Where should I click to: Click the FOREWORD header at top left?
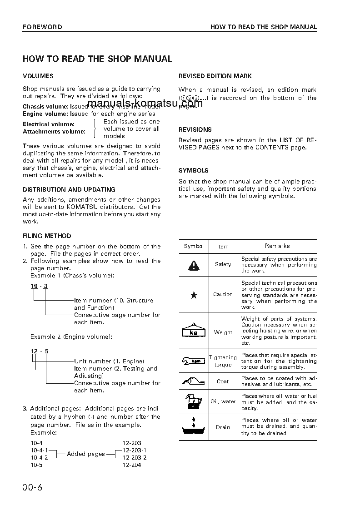pyautogui.click(x=42, y=27)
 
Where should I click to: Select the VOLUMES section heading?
pyautogui.click(x=38, y=76)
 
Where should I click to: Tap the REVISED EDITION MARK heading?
pyautogui.click(x=215, y=76)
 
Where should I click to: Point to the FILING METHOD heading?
pyautogui.click(x=47, y=236)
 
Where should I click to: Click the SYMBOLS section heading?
pyautogui.click(x=194, y=170)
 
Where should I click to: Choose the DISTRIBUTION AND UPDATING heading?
pyautogui.click(x=69, y=189)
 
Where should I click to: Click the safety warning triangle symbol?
pyautogui.click(x=194, y=265)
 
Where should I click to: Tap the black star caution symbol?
pyautogui.click(x=194, y=295)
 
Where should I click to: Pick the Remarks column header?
pyautogui.click(x=277, y=246)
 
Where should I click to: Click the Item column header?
pyautogui.click(x=223, y=247)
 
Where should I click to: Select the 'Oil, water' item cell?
pyautogui.click(x=223, y=401)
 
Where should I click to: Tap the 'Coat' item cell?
pyautogui.click(x=223, y=381)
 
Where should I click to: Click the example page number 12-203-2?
pyautogui.click(x=135, y=457)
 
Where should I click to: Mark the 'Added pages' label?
pyautogui.click(x=85, y=454)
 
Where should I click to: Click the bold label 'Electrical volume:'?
pyautogui.click(x=49, y=124)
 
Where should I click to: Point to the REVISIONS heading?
pyautogui.click(x=195, y=129)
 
